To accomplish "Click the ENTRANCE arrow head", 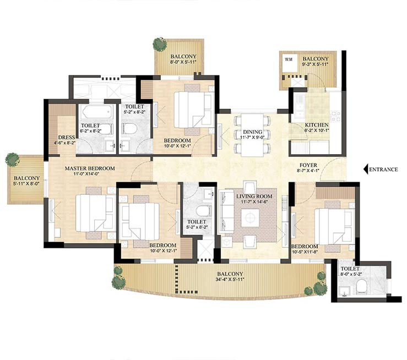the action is point(366,170).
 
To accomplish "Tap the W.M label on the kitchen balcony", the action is point(289,59).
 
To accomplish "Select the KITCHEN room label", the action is point(317,125).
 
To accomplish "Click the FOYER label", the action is point(308,165).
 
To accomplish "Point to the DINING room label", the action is point(253,132).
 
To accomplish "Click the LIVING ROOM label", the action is point(254,197).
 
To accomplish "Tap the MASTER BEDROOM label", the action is point(90,168).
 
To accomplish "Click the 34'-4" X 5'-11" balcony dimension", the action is point(230,280).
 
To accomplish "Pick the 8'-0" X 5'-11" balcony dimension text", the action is point(183,62).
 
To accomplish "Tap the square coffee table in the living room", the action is point(250,218).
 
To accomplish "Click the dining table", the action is point(252,135).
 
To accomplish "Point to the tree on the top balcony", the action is point(160,45).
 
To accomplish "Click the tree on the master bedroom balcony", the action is point(13,160).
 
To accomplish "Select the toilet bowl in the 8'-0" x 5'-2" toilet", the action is point(362,287).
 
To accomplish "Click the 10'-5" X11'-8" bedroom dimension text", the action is point(304,252).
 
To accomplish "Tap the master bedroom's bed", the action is point(95,213).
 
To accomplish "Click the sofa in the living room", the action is point(226,211).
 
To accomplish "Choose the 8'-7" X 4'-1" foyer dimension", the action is point(308,171).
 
